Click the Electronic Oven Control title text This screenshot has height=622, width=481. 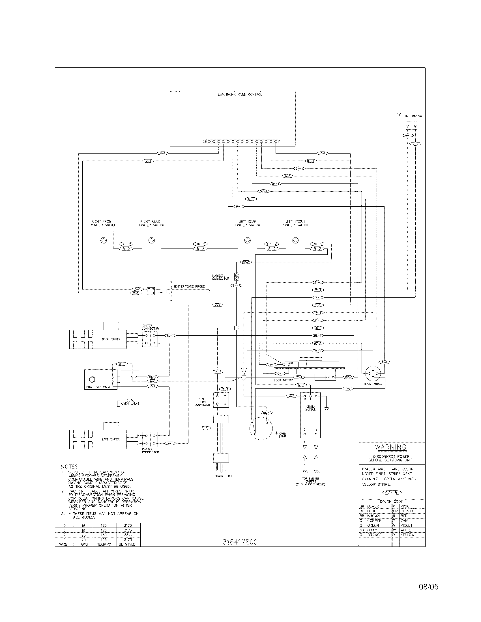coord(240,94)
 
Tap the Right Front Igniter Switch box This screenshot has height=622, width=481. coord(104,240)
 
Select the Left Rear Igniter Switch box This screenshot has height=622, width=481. coord(247,240)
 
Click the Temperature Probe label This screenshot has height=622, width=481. coord(189,286)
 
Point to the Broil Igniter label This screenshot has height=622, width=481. coord(111,339)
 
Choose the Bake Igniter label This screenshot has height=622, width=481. coord(111,439)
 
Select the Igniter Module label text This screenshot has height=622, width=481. coord(310,408)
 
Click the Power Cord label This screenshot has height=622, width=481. coord(223,476)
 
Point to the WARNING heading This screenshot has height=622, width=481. coord(390,447)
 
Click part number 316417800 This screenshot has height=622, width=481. coord(240,542)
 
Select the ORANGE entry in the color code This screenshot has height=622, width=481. coord(374,535)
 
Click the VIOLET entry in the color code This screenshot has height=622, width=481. coord(406,525)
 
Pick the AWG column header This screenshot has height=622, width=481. coord(84,544)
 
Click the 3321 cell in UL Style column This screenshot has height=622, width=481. coord(128,535)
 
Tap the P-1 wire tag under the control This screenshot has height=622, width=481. coord(239,206)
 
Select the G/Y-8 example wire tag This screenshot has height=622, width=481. coord(392,493)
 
